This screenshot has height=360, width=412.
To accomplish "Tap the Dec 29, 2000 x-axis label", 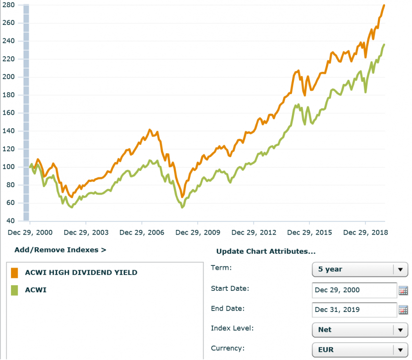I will [x=30, y=232].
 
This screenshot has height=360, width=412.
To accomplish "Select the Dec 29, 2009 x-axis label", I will [x=198, y=232].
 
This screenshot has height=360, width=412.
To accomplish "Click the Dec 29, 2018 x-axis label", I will [x=366, y=232].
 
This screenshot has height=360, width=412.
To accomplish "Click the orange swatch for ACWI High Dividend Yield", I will [x=14, y=273].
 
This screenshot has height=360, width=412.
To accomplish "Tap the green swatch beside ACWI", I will [x=14, y=290].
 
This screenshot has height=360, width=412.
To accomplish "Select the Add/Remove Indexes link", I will [x=60, y=250].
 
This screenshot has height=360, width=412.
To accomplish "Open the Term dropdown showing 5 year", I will [x=360, y=269].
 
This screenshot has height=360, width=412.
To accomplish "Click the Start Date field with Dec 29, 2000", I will [x=354, y=290].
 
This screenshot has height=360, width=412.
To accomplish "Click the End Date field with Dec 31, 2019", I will [x=354, y=310].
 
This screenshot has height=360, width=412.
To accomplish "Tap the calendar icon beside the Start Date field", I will [x=403, y=290].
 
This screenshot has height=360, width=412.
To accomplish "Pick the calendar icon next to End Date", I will [x=403, y=310].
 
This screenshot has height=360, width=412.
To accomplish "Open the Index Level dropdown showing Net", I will [x=360, y=330].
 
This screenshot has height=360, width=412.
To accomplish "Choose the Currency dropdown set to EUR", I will [x=360, y=350].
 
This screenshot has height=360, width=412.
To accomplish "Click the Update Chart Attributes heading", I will [x=266, y=252].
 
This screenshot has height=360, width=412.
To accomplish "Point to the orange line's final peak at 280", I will [x=384, y=5].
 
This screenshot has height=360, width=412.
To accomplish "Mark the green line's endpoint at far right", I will [x=384, y=45].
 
